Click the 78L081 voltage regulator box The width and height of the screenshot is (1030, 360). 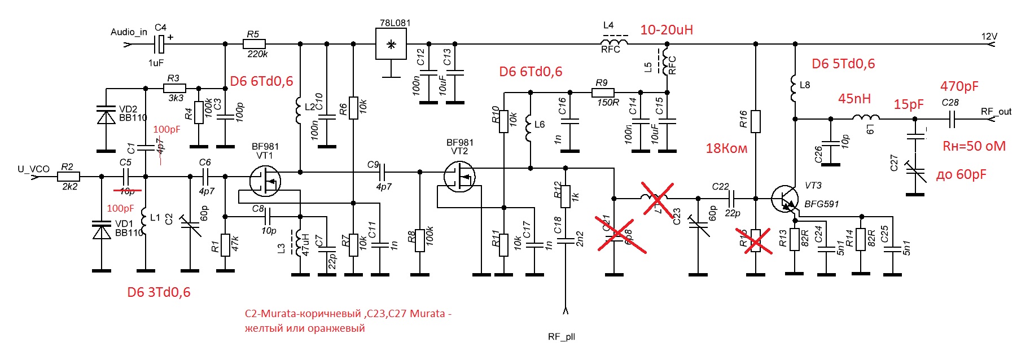(391, 44)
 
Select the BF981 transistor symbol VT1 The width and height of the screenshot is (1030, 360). (265, 180)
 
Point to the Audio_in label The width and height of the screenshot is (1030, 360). (129, 32)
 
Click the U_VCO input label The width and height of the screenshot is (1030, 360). (33, 169)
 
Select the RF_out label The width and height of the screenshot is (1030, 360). (996, 112)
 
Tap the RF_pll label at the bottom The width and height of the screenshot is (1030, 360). (562, 337)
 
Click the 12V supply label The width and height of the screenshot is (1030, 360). (989, 37)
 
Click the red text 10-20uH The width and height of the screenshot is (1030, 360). (667, 30)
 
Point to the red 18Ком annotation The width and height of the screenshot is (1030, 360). (726, 148)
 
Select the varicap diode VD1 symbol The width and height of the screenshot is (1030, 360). (102, 231)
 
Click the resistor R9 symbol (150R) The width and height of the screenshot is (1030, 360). (604, 92)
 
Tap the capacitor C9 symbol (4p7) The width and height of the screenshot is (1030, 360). (383, 172)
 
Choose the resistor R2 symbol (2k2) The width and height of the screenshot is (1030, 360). (68, 177)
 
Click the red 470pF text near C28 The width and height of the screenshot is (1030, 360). (959, 86)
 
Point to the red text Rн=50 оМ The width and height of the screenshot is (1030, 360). (974, 146)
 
